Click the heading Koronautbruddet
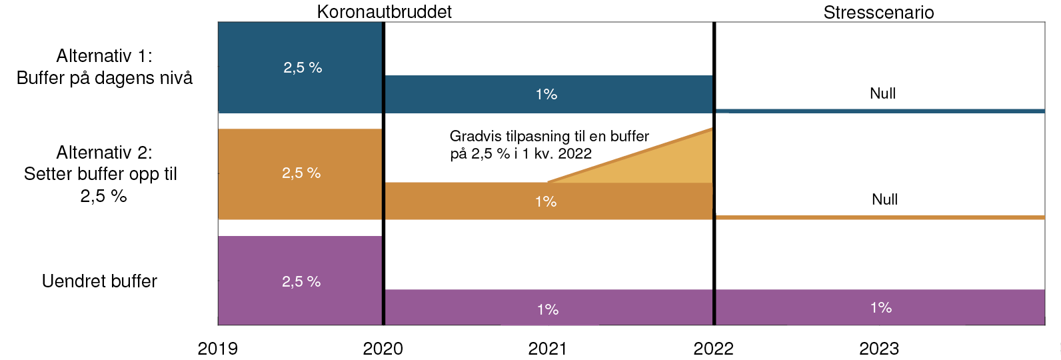point(384,12)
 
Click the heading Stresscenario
point(878,13)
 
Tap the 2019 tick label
point(217,349)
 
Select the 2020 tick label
point(383,349)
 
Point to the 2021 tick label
point(547,349)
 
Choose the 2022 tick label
point(713,349)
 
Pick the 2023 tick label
point(878,349)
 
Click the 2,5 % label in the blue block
point(303,67)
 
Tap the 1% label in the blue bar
point(546,94)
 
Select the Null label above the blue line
point(882,93)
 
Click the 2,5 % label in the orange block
point(301,173)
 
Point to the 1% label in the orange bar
point(545,201)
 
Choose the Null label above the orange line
point(884,199)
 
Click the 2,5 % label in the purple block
point(301,282)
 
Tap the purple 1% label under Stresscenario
point(880,307)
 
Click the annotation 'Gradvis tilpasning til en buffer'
point(549,137)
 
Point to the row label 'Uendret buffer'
point(99,281)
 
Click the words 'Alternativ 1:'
point(104,56)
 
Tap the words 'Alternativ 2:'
point(104,153)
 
